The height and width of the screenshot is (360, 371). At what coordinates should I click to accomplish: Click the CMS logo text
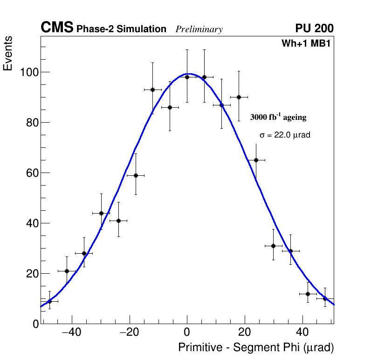point(57,28)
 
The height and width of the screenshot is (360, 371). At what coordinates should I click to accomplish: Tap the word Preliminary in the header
point(199,29)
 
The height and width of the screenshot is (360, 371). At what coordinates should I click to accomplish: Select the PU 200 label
point(314,28)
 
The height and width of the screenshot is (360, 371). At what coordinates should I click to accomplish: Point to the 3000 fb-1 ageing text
point(278,117)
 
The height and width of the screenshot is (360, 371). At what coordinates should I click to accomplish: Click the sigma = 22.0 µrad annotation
point(285,135)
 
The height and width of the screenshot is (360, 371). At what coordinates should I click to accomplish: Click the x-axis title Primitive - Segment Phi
point(256,347)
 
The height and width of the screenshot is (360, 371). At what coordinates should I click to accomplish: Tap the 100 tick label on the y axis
point(29,72)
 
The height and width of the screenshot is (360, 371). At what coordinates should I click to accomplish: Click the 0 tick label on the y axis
point(35,324)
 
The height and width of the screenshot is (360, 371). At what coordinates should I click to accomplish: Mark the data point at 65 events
point(256,160)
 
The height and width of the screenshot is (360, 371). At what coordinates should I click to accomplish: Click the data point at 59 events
point(136,175)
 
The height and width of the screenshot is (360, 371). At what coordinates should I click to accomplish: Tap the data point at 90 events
point(239,97)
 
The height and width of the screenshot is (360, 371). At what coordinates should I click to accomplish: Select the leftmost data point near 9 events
point(49,301)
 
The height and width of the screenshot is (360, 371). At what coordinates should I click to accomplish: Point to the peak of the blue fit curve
point(189,74)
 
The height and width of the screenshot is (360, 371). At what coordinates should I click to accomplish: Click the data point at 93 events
point(152,90)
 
